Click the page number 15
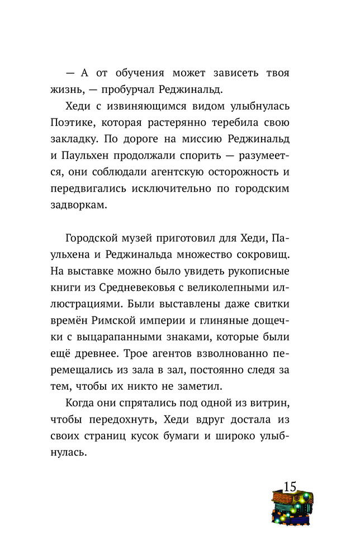pos(290,486)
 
